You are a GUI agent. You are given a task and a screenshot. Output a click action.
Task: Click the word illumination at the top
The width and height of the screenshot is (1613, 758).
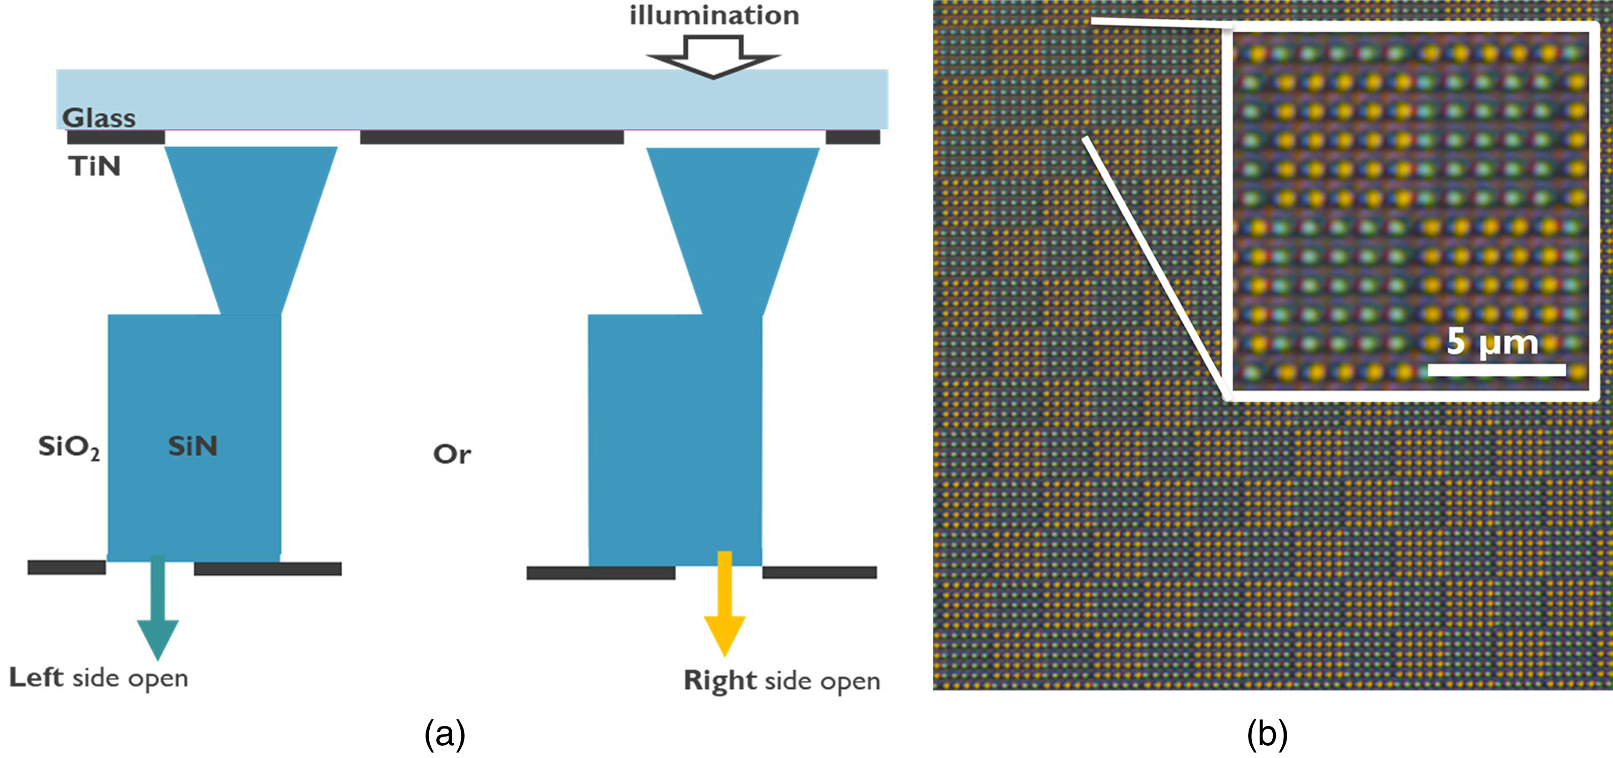(714, 15)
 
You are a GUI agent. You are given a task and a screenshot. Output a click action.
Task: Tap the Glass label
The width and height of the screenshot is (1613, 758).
(99, 118)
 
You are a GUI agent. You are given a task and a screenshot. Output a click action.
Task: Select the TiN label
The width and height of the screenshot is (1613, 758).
(94, 167)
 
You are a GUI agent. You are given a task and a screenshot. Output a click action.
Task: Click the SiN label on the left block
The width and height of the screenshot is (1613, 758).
(193, 446)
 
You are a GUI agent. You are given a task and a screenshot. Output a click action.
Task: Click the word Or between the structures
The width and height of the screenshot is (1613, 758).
(451, 454)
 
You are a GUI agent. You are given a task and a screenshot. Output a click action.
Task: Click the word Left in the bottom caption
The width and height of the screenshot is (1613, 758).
(36, 678)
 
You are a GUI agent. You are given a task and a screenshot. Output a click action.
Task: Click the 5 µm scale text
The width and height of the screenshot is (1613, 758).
(1492, 342)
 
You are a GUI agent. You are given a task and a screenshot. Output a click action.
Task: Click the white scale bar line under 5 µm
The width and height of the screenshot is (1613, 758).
(1497, 370)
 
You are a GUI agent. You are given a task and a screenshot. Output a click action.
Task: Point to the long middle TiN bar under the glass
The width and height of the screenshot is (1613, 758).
(491, 137)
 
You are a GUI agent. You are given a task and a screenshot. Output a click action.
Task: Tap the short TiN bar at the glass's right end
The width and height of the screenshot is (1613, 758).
(853, 137)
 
